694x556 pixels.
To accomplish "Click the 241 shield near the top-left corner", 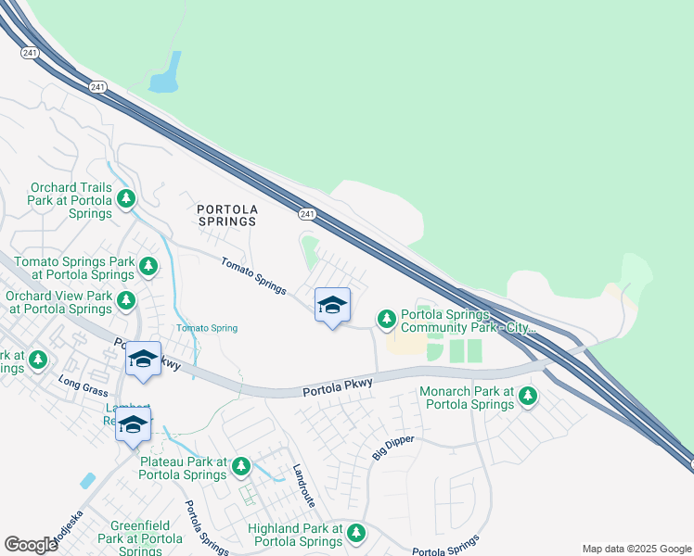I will (x=31, y=54).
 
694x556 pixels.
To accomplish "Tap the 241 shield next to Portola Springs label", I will (x=307, y=214).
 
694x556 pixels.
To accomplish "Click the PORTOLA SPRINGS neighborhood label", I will (x=227, y=216).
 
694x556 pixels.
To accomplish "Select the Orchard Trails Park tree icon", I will (x=126, y=199).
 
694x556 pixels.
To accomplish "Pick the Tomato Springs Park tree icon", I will (x=148, y=268).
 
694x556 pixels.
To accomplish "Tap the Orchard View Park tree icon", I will (x=125, y=301).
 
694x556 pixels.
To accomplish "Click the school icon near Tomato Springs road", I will (x=332, y=305).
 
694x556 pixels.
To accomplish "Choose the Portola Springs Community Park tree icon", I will (x=387, y=320).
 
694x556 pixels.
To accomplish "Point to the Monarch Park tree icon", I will (x=528, y=397).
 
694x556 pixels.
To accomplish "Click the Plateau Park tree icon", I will (x=241, y=467).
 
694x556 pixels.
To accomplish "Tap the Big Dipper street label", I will (x=392, y=447).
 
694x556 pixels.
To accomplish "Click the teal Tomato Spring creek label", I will (x=207, y=328).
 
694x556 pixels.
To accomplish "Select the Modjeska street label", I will (x=68, y=527).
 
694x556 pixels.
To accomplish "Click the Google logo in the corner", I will (x=31, y=545).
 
